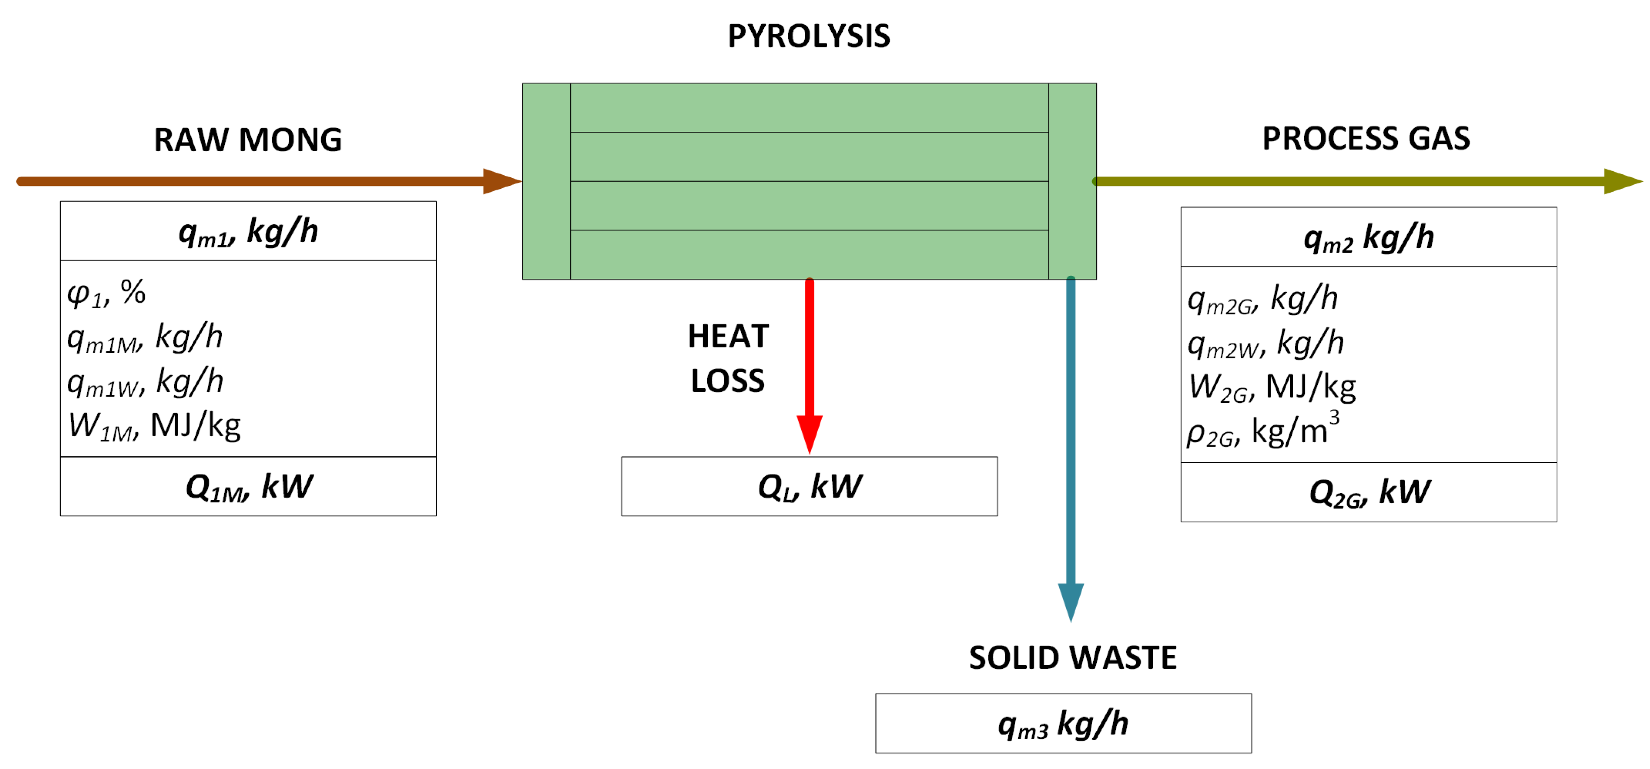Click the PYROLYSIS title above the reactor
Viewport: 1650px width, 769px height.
[808, 36]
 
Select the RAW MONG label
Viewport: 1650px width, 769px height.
[248, 140]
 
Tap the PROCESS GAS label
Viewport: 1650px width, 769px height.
[1366, 138]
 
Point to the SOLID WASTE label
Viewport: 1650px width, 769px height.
[1072, 658]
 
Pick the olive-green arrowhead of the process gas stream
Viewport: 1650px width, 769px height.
[1622, 182]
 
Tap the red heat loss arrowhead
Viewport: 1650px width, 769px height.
[810, 433]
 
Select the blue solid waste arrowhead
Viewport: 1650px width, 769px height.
[1070, 601]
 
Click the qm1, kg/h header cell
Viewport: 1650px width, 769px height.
[248, 231]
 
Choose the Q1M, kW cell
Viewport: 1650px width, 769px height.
[248, 487]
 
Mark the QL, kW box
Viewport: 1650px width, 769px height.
[809, 487]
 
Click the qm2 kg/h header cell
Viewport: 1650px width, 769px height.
[1368, 237]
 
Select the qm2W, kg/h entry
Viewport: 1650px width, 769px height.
[1265, 343]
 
